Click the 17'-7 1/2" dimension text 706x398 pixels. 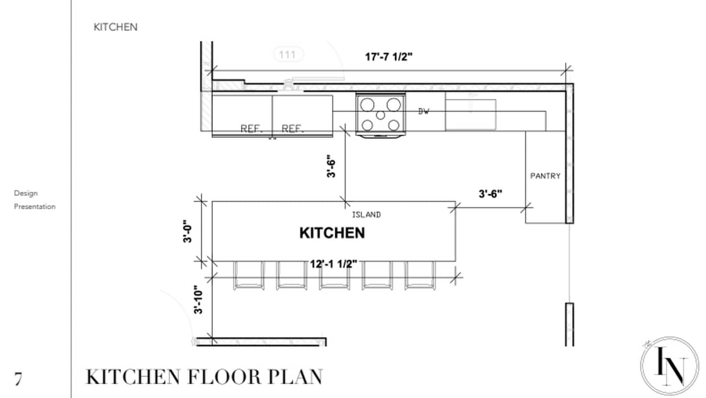point(388,57)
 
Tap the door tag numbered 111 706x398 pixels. point(289,55)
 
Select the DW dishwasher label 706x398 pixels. point(424,112)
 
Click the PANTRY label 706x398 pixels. point(545,176)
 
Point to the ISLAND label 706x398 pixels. point(366,215)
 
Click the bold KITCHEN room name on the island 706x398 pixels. point(332,233)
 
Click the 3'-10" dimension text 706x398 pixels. point(198,300)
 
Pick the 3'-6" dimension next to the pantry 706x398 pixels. point(490,194)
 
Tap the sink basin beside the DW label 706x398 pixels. point(470,114)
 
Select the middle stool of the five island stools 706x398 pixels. point(334,276)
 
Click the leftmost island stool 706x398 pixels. point(248,276)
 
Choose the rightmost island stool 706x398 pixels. point(420,276)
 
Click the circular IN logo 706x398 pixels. point(669,365)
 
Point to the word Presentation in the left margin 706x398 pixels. point(35,207)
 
